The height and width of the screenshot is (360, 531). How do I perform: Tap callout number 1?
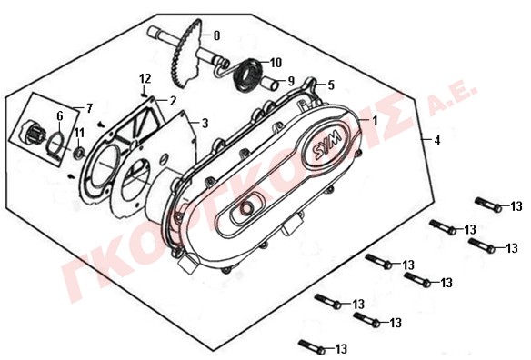(375, 121)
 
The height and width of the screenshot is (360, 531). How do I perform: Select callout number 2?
(173, 101)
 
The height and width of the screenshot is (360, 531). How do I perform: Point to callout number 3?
(205, 124)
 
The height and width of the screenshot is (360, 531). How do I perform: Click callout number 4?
(437, 140)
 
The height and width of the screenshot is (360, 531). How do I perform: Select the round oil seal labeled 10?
(248, 76)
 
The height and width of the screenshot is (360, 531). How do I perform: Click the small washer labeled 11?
(80, 154)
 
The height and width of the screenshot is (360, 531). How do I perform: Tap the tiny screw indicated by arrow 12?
(145, 95)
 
